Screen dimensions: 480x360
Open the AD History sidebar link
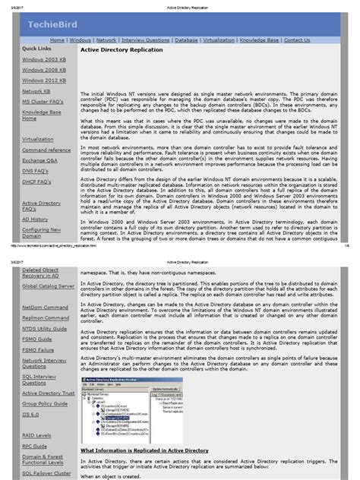(35, 218)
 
